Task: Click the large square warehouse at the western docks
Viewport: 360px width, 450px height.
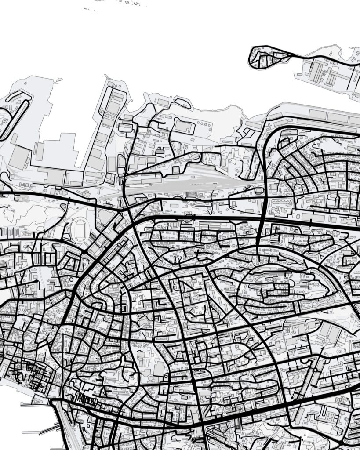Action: pos(20,156)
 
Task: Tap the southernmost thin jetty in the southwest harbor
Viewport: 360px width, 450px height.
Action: pos(35,432)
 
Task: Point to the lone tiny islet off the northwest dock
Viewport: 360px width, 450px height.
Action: pos(57,80)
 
